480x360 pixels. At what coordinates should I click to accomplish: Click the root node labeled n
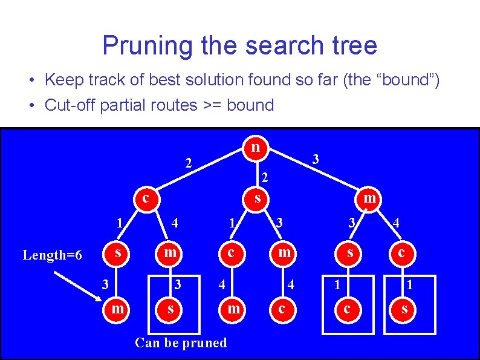256,147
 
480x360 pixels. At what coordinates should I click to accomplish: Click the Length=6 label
52,255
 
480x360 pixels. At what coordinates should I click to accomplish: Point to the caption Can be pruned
181,342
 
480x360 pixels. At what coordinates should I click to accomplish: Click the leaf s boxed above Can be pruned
170,309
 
